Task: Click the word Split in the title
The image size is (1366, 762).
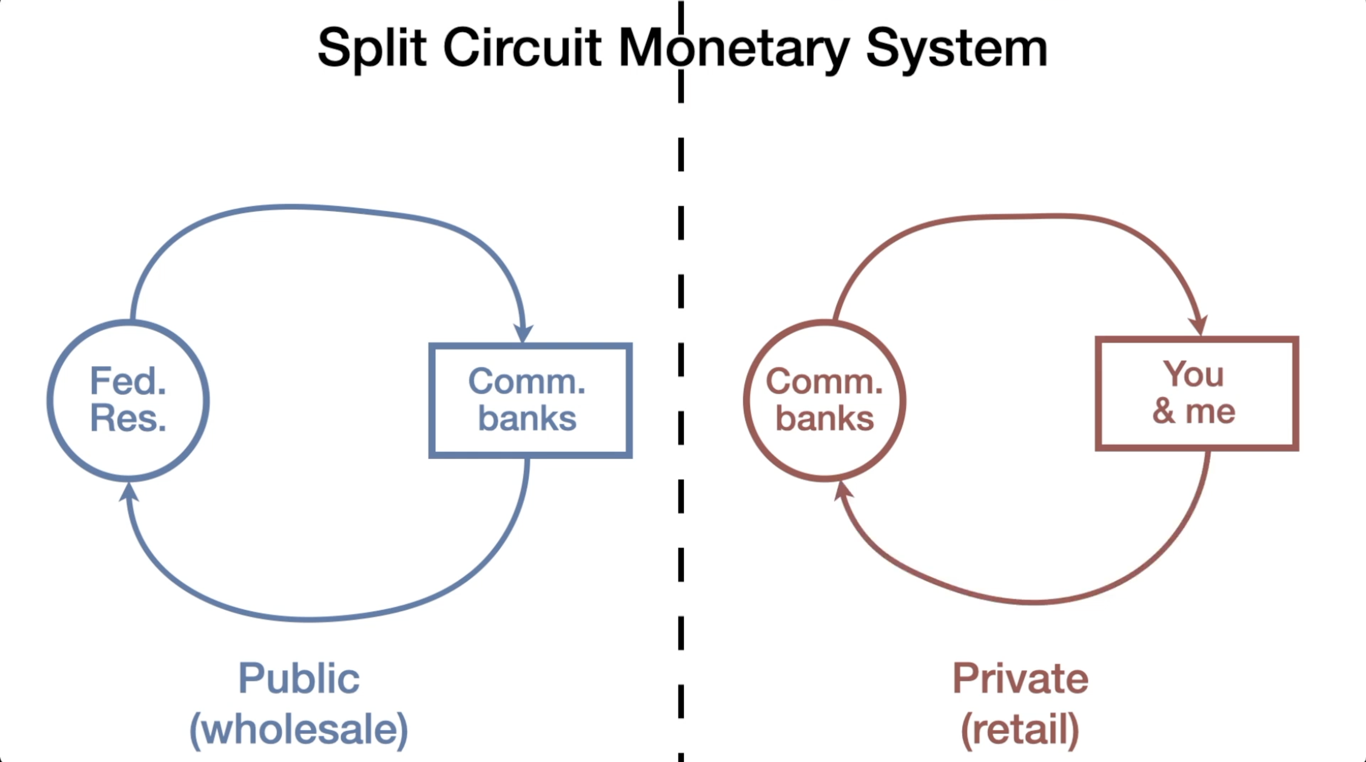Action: coord(372,49)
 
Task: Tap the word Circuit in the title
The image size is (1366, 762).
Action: coord(522,48)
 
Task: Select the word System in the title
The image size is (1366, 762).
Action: coord(956,49)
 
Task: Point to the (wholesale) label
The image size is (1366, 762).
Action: coord(299,729)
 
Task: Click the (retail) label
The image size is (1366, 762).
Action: coord(1020,729)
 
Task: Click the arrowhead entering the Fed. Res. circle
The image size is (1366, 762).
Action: coord(128,491)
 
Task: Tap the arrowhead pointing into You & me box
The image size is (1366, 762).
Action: coord(1199,325)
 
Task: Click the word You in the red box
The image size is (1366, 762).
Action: coord(1194,374)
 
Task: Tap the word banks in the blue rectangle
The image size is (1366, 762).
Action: coord(527,419)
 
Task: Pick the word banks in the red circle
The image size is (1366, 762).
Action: coord(825,419)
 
